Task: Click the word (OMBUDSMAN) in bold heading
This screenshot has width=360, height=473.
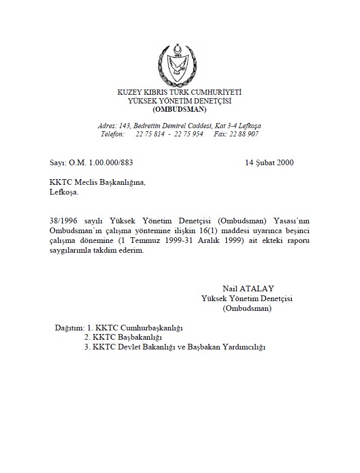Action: [x=179, y=109]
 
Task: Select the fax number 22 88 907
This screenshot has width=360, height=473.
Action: [x=243, y=134]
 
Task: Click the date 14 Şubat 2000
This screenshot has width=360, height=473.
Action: [x=269, y=163]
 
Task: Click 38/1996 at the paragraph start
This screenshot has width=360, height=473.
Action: [x=58, y=218]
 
